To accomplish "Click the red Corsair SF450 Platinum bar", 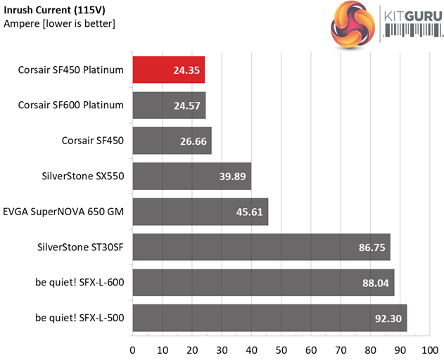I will click(x=168, y=70).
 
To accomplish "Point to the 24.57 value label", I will click(x=186, y=105).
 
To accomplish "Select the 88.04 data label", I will click(x=374, y=283).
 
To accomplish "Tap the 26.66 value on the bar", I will click(x=193, y=141).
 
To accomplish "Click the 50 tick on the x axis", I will click(x=281, y=349).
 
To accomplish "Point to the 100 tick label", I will click(x=429, y=349).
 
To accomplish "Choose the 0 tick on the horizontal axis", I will click(x=132, y=349).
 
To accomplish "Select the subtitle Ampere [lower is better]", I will click(x=59, y=24).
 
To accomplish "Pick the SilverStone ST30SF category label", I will click(x=80, y=247).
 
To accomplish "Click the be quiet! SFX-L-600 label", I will click(x=80, y=283).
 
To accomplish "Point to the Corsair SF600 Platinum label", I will click(x=72, y=105).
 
